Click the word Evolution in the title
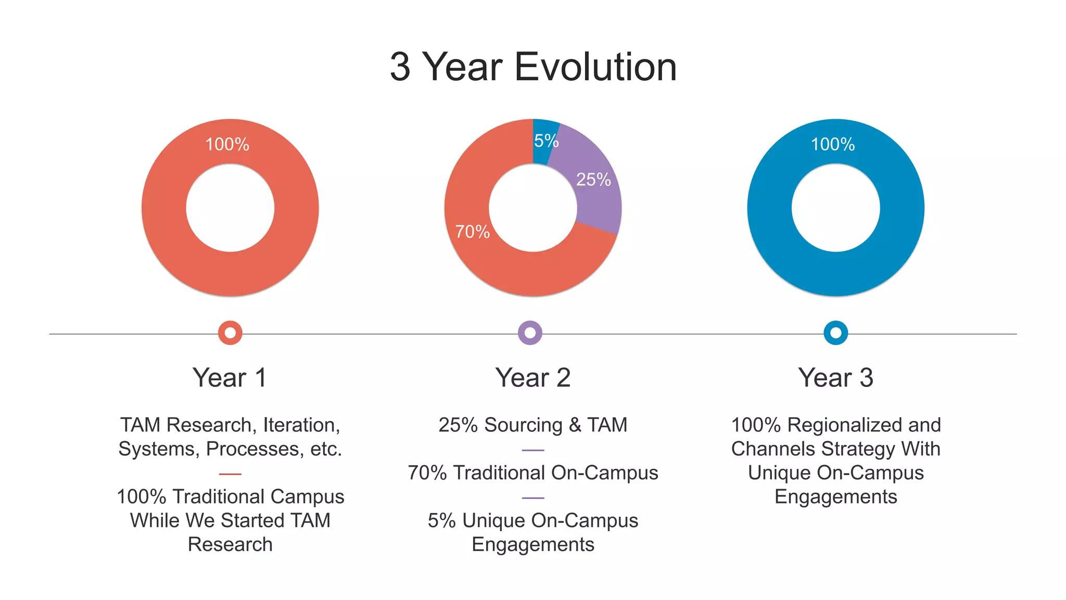pyautogui.click(x=595, y=67)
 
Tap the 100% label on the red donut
pyautogui.click(x=227, y=144)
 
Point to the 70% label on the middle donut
pyautogui.click(x=472, y=232)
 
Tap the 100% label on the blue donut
pyautogui.click(x=832, y=144)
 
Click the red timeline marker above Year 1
pyautogui.click(x=230, y=333)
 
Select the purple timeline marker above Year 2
pyautogui.click(x=530, y=333)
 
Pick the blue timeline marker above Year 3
pyautogui.click(x=835, y=333)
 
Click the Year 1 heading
pyautogui.click(x=230, y=378)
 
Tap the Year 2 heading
pyautogui.click(x=532, y=378)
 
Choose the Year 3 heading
pyautogui.click(x=835, y=378)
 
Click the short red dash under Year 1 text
pyautogui.click(x=230, y=474)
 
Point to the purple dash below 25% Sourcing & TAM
pyautogui.click(x=532, y=450)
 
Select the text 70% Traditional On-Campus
pyautogui.click(x=532, y=473)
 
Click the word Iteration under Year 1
pyautogui.click(x=301, y=426)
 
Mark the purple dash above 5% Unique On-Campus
pyautogui.click(x=532, y=498)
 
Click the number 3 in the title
pyautogui.click(x=400, y=67)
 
